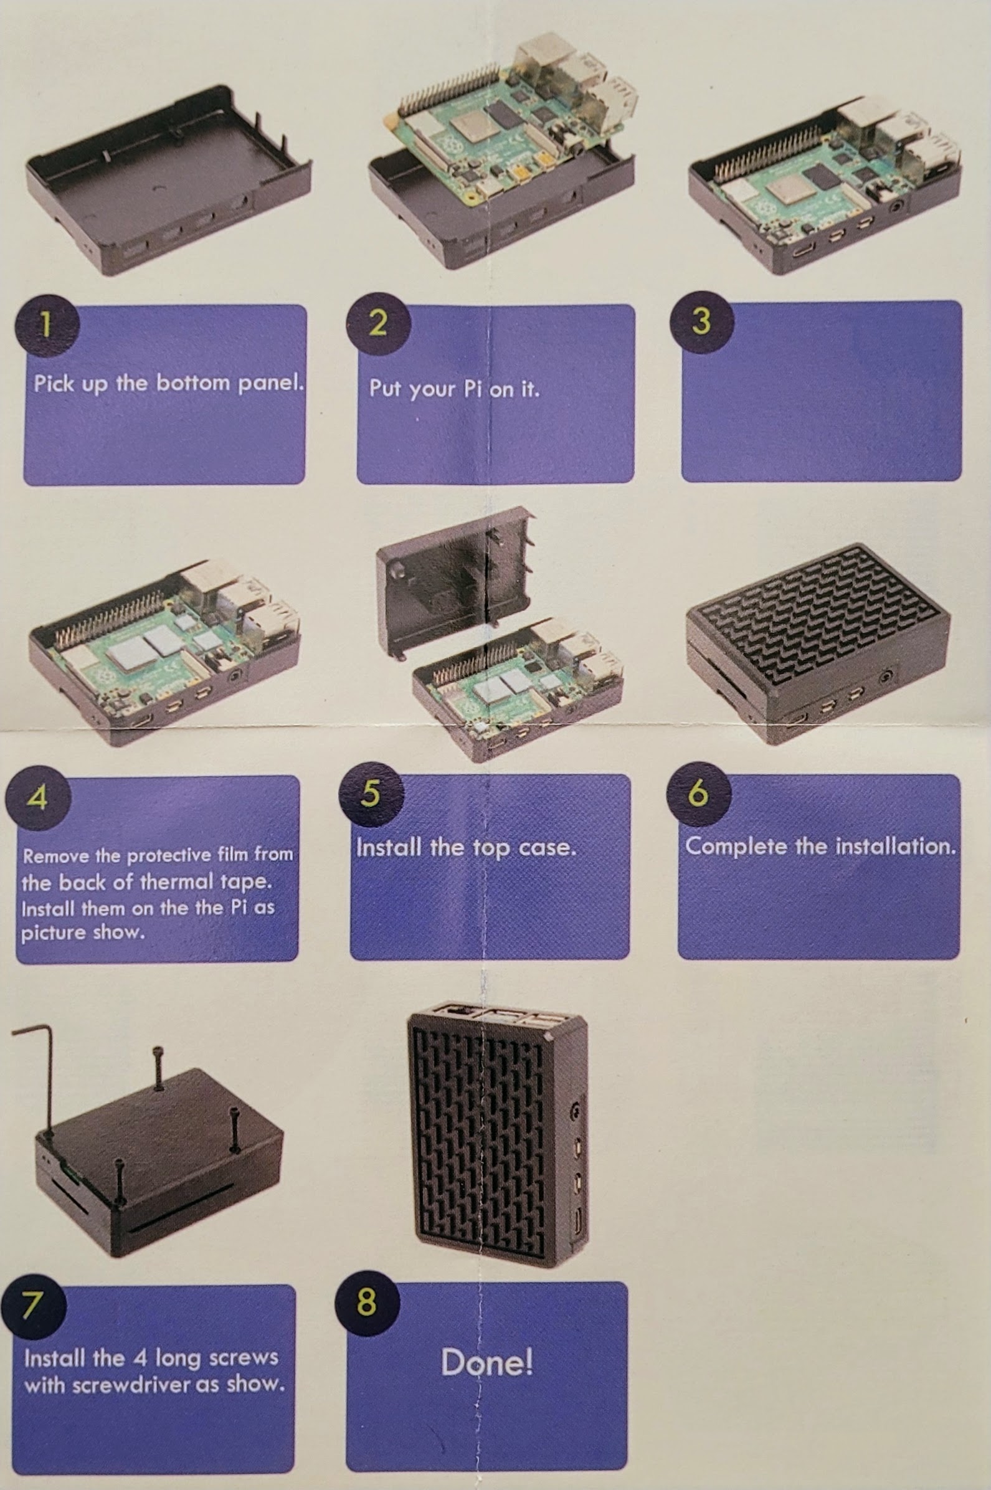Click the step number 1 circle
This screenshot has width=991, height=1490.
pyautogui.click(x=47, y=325)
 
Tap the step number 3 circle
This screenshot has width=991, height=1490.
pyautogui.click(x=701, y=321)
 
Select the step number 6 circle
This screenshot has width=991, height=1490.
pyautogui.click(x=698, y=793)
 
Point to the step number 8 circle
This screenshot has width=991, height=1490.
pyautogui.click(x=367, y=1303)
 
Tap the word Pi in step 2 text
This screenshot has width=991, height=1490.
pyautogui.click(x=473, y=388)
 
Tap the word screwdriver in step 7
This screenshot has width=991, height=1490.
pyautogui.click(x=131, y=1385)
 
